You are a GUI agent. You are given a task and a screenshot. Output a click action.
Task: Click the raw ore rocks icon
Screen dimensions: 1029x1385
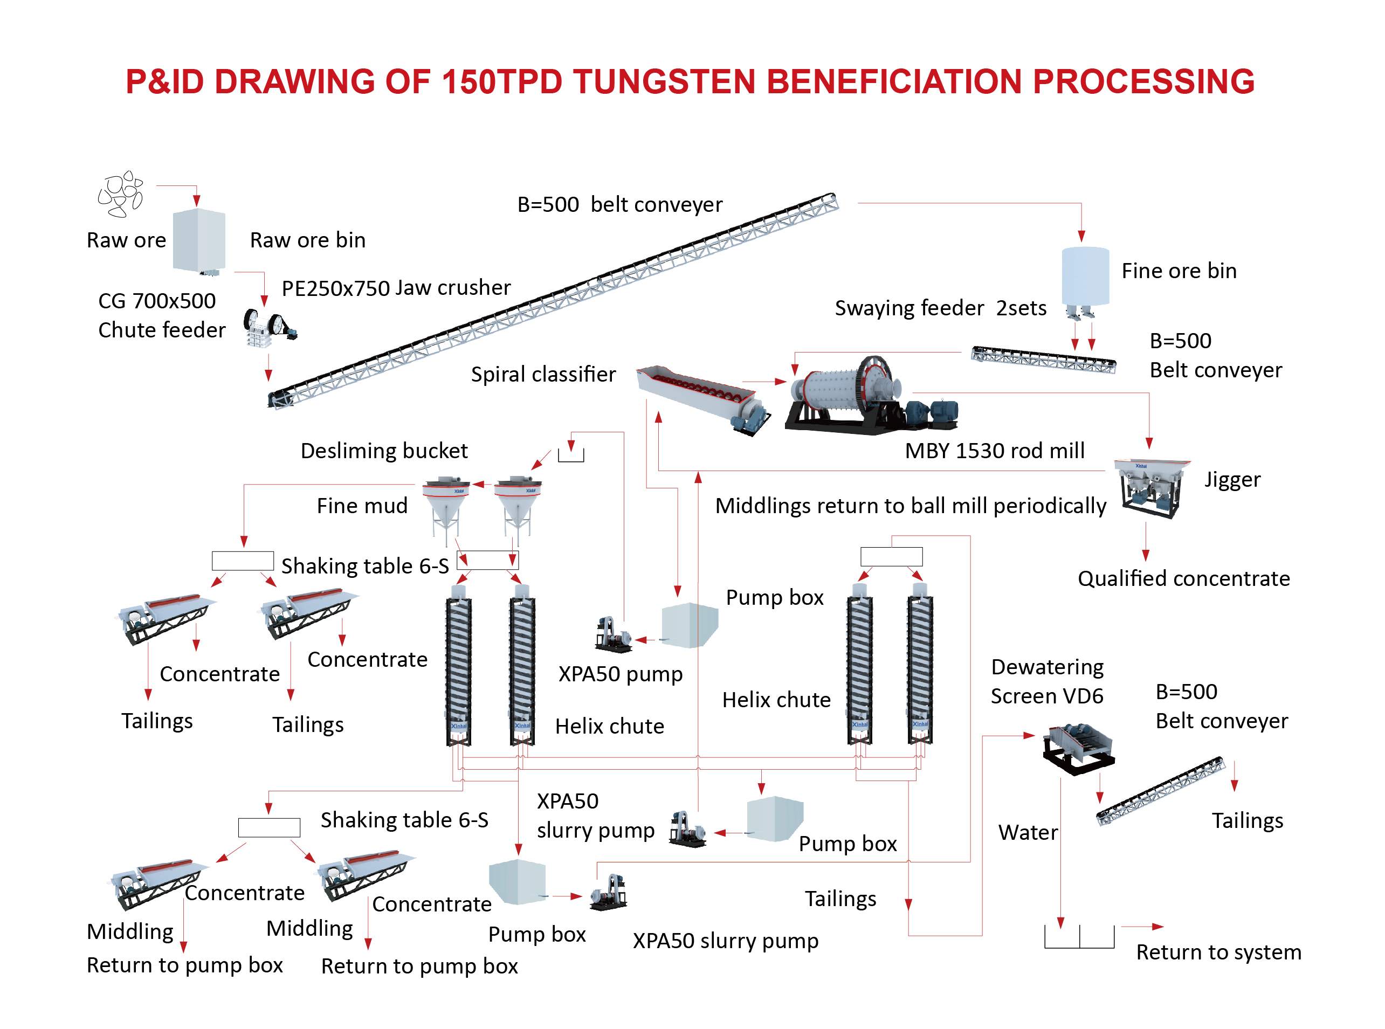click(121, 194)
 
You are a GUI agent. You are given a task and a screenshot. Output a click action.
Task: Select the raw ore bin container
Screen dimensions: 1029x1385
click(199, 240)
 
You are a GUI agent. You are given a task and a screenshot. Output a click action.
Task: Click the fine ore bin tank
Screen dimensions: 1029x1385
click(1085, 275)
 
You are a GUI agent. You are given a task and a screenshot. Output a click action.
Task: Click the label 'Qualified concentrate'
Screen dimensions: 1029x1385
click(1183, 579)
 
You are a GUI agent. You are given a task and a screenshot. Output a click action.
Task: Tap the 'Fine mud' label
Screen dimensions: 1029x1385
click(362, 506)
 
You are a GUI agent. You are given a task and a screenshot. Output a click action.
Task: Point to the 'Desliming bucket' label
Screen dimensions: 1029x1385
click(384, 451)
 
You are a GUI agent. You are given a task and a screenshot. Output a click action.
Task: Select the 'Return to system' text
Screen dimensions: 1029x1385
click(1218, 952)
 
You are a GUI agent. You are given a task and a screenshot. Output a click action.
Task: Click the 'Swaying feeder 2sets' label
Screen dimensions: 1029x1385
click(940, 308)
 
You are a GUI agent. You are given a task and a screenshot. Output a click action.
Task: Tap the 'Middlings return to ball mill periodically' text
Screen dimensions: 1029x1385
click(910, 506)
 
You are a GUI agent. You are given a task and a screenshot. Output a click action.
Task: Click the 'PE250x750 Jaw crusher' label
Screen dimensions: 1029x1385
click(396, 288)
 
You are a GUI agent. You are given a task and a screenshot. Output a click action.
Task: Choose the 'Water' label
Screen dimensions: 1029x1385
click(1028, 833)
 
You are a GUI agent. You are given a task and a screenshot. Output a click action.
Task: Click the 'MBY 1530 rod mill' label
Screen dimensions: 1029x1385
click(994, 451)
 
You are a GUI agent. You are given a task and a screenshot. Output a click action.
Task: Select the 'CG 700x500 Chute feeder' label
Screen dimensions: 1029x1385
click(161, 316)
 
